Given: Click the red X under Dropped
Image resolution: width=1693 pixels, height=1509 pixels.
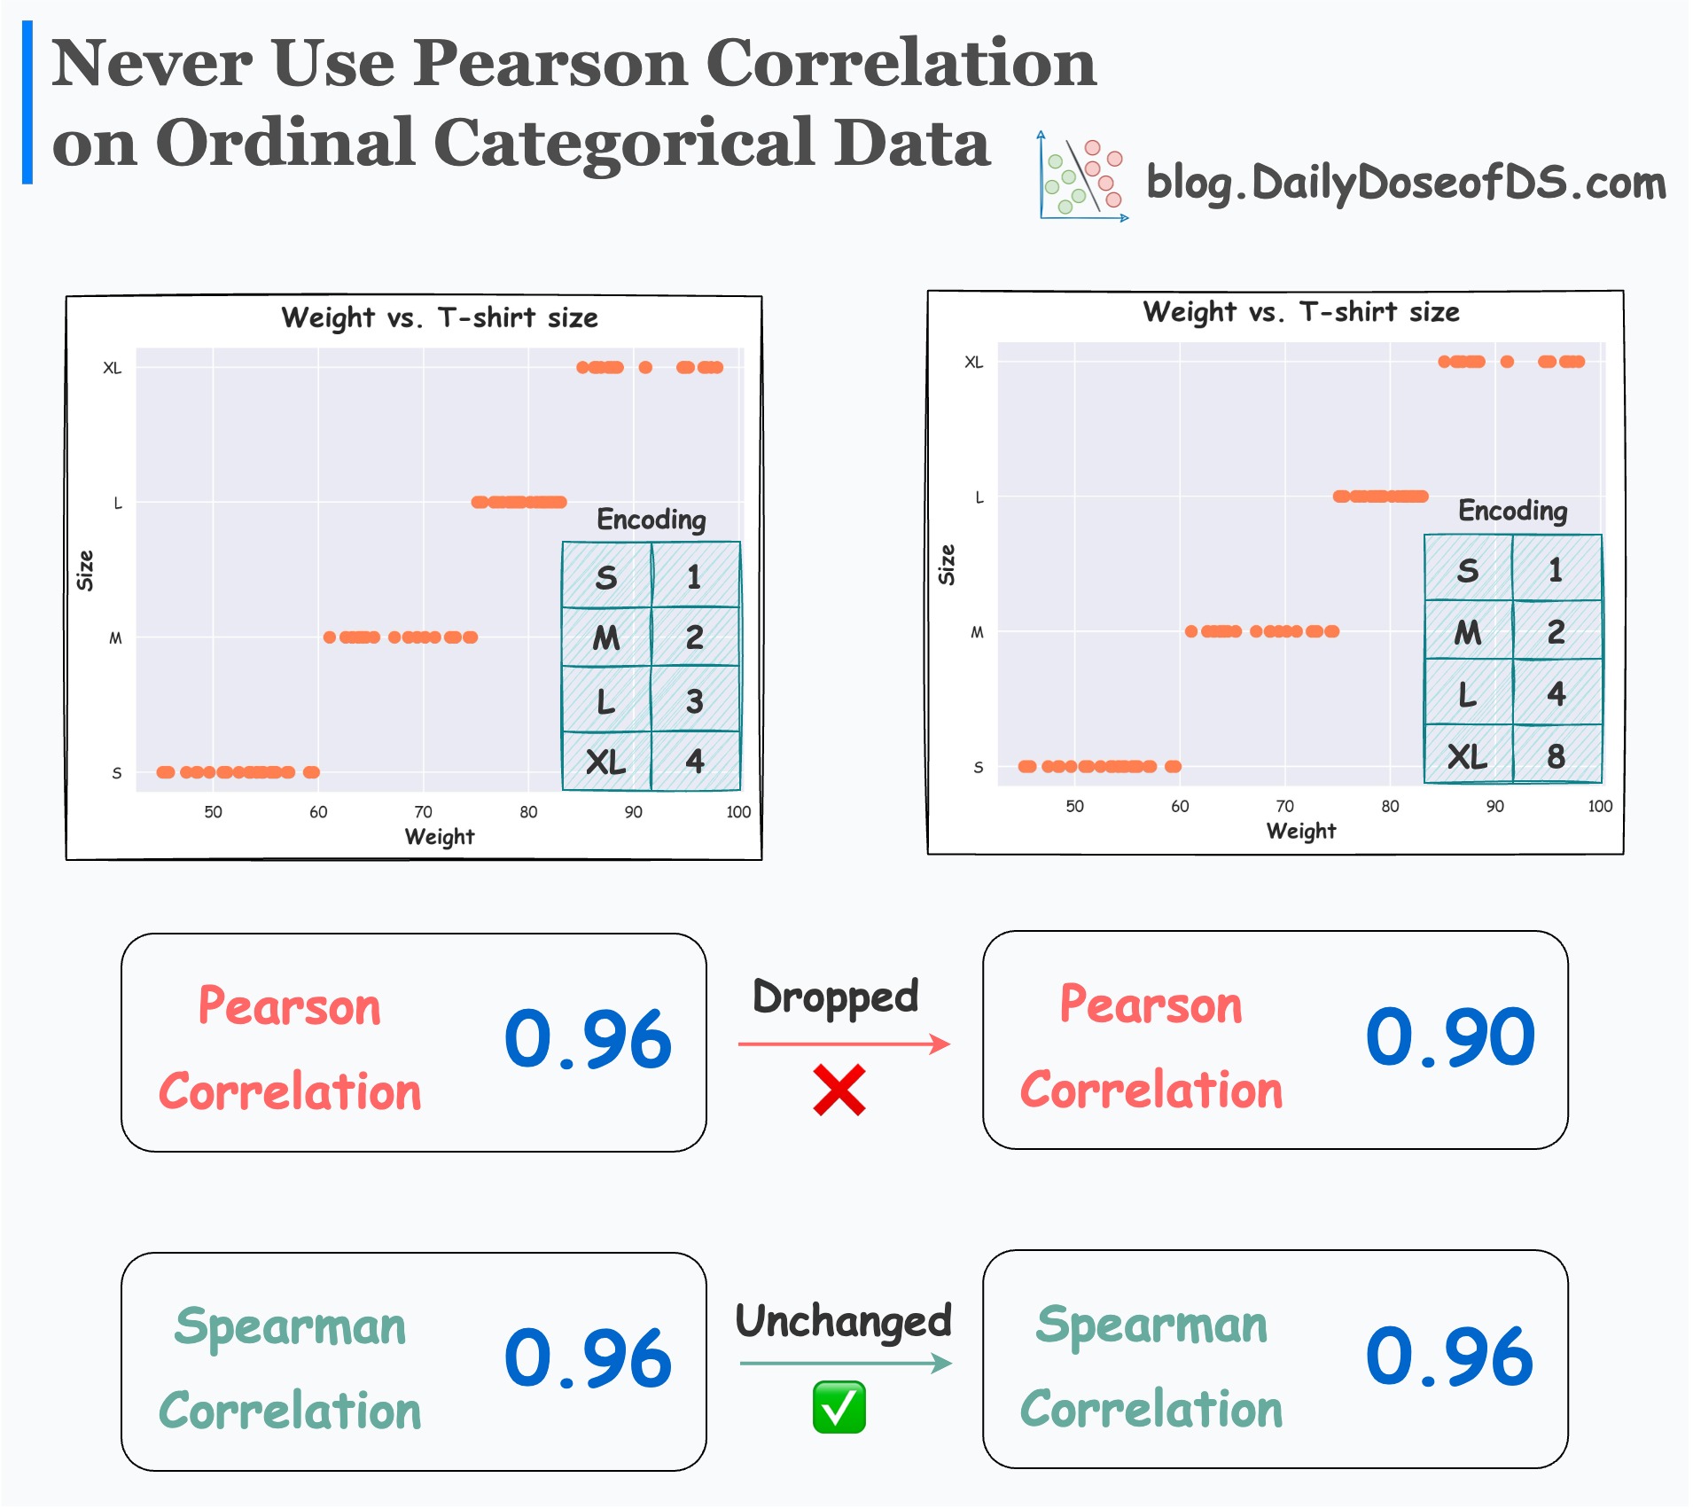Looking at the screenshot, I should [x=839, y=1091].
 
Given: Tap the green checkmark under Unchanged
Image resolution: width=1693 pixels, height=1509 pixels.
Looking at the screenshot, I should [x=839, y=1407].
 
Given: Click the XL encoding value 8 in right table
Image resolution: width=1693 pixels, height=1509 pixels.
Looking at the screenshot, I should [x=1556, y=756].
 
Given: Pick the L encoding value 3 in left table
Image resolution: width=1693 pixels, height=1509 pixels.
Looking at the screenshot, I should [x=694, y=701].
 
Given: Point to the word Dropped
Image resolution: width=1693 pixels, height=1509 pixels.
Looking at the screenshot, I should [x=835, y=997].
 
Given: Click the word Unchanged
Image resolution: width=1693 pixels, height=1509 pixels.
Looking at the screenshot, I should [x=843, y=1321].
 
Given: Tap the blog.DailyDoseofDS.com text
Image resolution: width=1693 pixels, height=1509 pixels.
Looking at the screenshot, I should [x=1406, y=183].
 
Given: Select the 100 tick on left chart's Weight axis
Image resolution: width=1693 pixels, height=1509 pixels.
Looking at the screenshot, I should [x=738, y=812].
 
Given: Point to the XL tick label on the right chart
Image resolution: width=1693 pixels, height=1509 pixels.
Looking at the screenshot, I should [x=973, y=363].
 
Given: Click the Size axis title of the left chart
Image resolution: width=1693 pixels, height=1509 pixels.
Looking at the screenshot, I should [x=85, y=570].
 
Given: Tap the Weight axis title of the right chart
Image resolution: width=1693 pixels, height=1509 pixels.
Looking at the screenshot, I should [x=1300, y=831].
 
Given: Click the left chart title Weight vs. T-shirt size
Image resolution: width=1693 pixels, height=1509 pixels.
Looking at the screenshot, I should [x=440, y=317].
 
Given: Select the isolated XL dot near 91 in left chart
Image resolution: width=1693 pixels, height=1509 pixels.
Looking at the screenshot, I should [x=645, y=367].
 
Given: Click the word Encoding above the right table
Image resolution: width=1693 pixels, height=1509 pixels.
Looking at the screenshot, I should [x=1512, y=511].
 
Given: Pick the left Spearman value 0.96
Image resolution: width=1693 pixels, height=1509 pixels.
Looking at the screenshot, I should [x=588, y=1358].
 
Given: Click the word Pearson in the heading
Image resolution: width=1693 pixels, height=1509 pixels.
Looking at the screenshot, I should [x=550, y=64].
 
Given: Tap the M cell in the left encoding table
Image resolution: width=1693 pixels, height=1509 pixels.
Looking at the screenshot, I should [x=606, y=637].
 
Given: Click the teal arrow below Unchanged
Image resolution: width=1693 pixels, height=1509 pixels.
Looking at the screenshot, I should [x=845, y=1364].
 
